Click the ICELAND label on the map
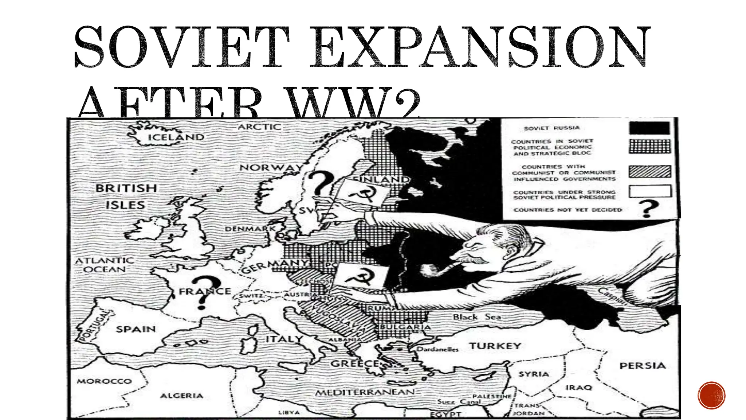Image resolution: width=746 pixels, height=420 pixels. click(176, 137)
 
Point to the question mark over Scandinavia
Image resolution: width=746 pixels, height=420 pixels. click(319, 184)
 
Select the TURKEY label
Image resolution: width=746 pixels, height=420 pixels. click(495, 346)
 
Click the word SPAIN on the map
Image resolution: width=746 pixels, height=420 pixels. click(136, 329)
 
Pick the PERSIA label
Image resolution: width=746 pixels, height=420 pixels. click(642, 365)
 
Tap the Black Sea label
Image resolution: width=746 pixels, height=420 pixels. click(476, 317)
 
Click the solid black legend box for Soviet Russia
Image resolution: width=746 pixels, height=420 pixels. click(649, 128)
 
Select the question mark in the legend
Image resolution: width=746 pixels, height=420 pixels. click(648, 209)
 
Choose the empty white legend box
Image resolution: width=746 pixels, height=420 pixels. click(649, 191)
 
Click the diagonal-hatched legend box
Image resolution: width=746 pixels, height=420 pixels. click(649, 171)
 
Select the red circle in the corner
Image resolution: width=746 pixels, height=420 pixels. click(711, 395)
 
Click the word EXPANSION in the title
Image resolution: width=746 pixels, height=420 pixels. click(478, 47)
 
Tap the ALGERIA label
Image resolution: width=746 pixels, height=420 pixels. click(181, 396)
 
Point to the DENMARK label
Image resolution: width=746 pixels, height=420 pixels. click(250, 229)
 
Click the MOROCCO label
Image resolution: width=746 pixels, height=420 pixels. click(104, 381)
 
